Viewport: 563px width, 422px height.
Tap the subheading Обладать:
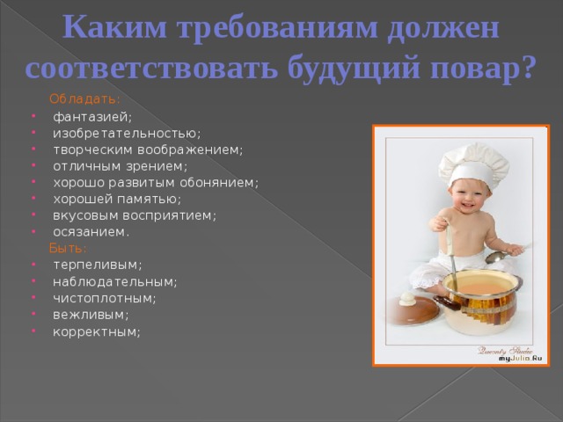(85, 98)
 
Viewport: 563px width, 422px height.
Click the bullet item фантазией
(91, 116)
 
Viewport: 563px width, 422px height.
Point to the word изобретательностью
(126, 133)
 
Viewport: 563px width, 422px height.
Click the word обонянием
(221, 183)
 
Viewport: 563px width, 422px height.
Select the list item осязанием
(91, 232)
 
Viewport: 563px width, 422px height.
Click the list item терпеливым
(97, 265)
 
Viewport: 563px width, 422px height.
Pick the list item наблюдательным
(114, 281)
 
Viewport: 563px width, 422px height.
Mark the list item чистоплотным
(104, 298)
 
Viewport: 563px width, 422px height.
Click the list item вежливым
(90, 315)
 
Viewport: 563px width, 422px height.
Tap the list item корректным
(96, 331)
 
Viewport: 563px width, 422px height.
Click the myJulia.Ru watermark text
(519, 358)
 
